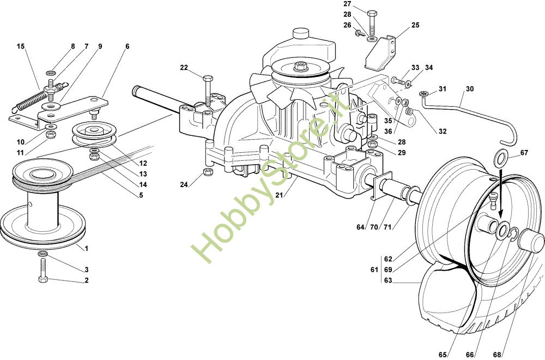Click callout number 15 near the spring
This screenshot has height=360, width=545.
click(x=21, y=47)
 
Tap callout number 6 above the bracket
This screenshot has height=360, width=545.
click(x=127, y=47)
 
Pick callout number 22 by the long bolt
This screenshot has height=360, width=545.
click(x=184, y=68)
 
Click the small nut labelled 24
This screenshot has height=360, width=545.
click(x=207, y=173)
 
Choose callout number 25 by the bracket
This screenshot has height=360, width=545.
click(x=415, y=25)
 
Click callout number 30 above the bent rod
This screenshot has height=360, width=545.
click(x=470, y=89)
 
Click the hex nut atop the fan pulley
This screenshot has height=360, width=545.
click(x=299, y=67)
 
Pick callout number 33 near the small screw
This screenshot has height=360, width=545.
click(x=415, y=68)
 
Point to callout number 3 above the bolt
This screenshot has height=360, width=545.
click(x=86, y=269)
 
